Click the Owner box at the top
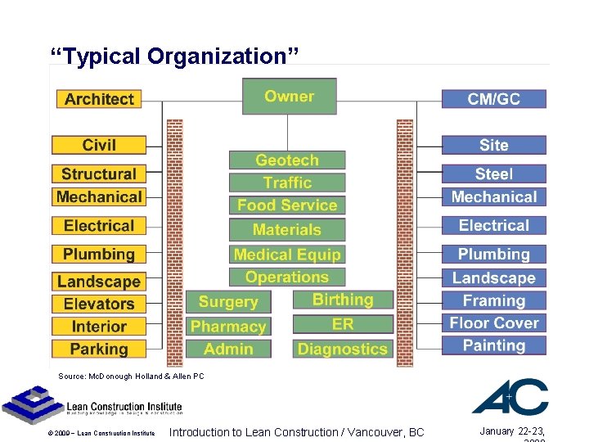tap(289, 97)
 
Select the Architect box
tap(99, 99)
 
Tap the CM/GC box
tap(493, 99)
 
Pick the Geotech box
tap(286, 160)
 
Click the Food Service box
tap(286, 205)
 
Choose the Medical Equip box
tap(286, 255)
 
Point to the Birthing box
tap(342, 300)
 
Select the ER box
tap(342, 324)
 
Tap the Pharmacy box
tap(228, 327)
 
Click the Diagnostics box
tap(342, 349)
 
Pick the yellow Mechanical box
tap(99, 196)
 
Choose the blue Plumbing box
tap(493, 255)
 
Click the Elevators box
tap(99, 304)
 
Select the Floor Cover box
tap(493, 322)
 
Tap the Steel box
tap(493, 174)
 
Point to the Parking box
tap(99, 349)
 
